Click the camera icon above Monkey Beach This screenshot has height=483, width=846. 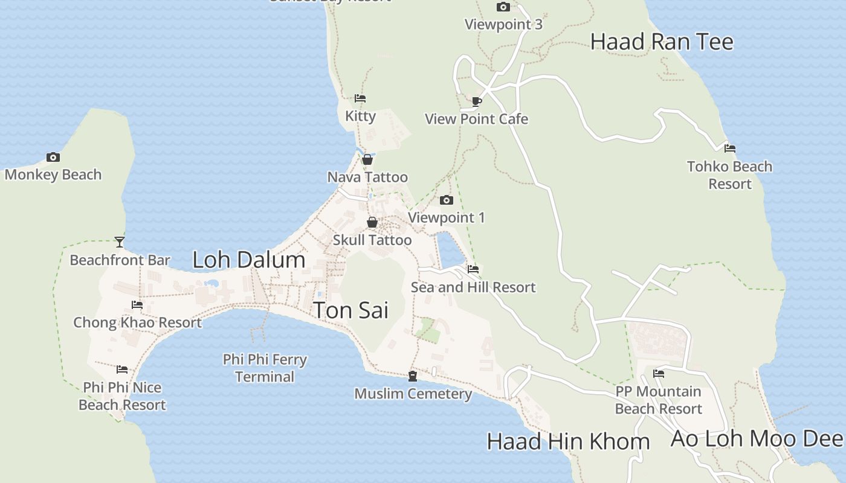click(53, 158)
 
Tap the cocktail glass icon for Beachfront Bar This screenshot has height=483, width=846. click(120, 242)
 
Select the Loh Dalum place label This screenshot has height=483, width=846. click(248, 260)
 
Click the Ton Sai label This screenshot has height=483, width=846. click(350, 310)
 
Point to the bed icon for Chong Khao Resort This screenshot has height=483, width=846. click(137, 305)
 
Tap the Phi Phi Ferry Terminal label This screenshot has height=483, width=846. click(265, 368)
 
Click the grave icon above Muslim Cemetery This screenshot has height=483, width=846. click(413, 376)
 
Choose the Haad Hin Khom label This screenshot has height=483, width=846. click(568, 441)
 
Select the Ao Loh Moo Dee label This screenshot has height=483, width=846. click(757, 439)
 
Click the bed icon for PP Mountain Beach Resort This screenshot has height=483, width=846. click(659, 374)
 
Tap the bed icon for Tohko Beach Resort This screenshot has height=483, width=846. click(730, 148)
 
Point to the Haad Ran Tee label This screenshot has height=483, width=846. click(662, 42)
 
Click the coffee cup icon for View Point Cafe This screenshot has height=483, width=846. click(477, 101)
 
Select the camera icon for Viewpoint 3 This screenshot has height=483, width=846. click(503, 7)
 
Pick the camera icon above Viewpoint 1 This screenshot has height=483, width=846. click(447, 200)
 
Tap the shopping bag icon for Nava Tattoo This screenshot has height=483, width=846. click(367, 159)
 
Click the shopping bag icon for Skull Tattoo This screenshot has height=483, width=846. click(372, 222)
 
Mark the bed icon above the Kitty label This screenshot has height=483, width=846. click(360, 98)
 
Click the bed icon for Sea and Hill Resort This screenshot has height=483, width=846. click(473, 269)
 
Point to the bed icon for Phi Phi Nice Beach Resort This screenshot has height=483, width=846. click(122, 369)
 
